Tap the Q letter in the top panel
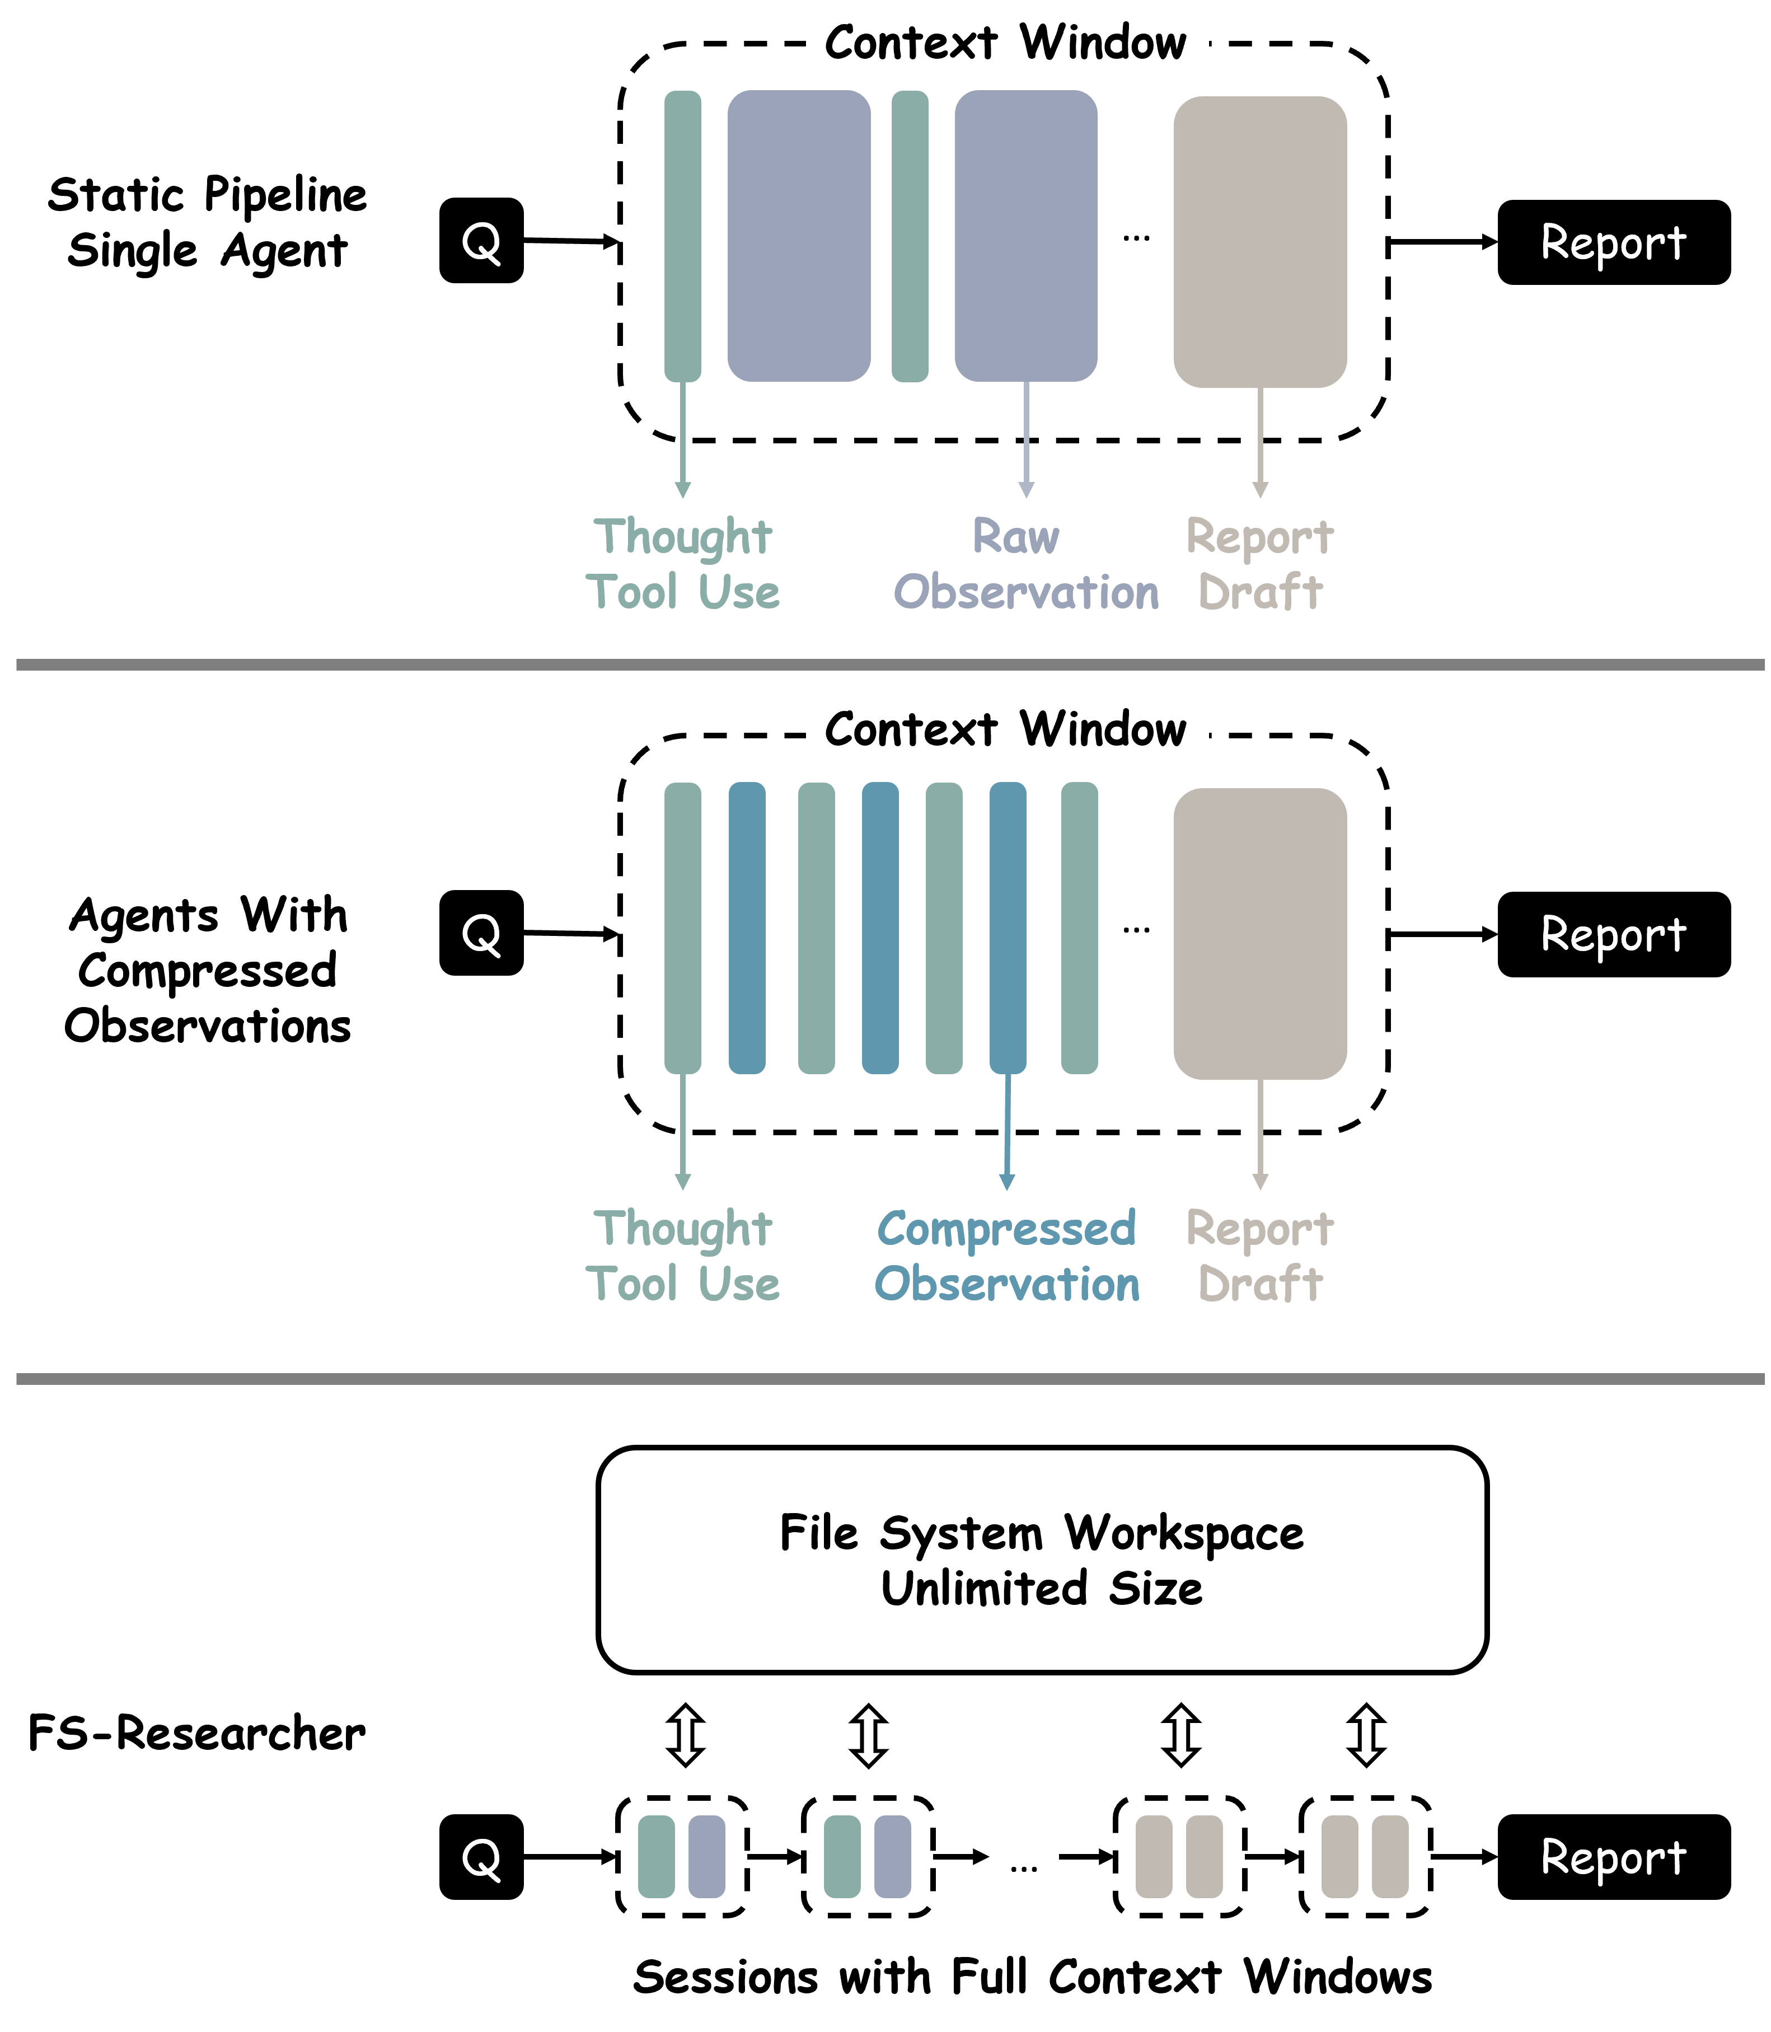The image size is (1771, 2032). (481, 243)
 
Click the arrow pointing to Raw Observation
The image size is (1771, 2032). (1026, 440)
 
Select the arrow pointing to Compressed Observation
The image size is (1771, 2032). (1007, 1132)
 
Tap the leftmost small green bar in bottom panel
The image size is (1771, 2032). (656, 1857)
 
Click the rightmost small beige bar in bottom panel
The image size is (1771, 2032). (1389, 1857)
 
